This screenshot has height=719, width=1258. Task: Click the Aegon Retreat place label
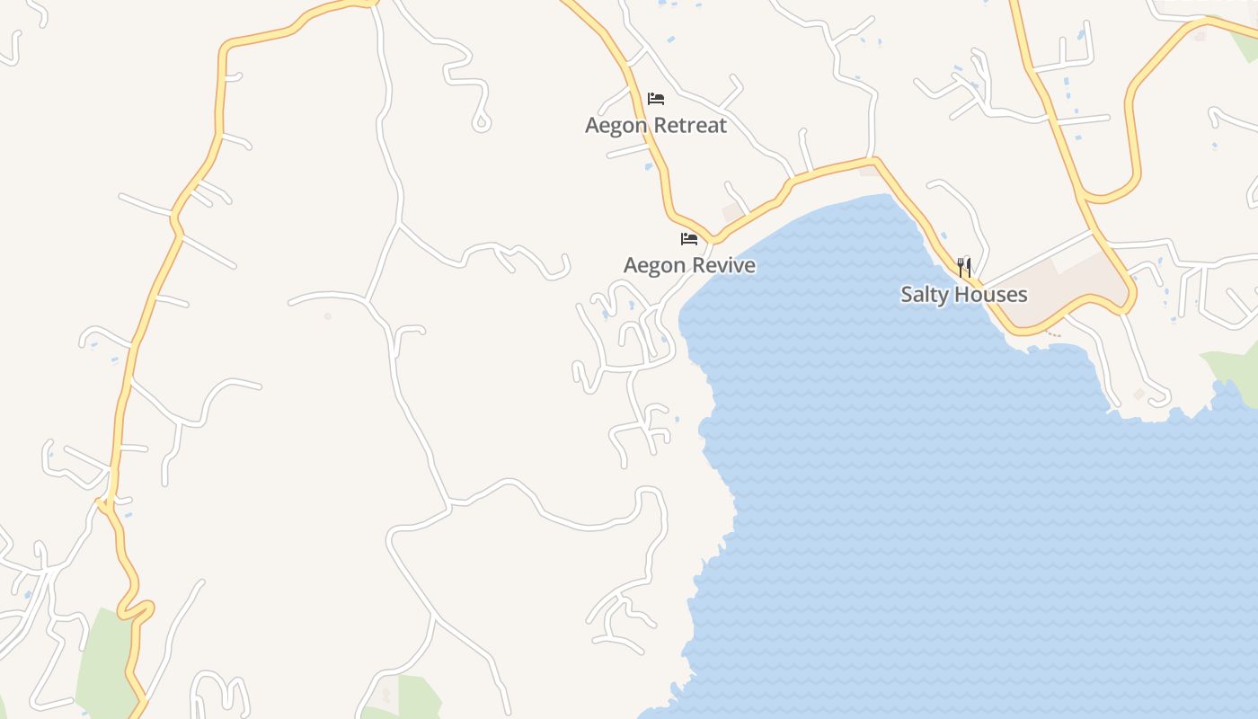click(x=655, y=125)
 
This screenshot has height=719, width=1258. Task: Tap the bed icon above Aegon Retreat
click(x=656, y=99)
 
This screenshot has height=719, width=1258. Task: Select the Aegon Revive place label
click(x=689, y=265)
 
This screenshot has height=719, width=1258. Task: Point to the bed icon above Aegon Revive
click(x=689, y=239)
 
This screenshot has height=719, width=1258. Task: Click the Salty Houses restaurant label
click(x=963, y=294)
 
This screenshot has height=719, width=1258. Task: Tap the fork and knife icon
click(x=964, y=267)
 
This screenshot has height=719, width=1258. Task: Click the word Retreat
click(x=690, y=125)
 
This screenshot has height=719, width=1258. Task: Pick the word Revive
click(x=722, y=265)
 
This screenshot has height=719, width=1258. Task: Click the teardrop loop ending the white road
click(x=482, y=121)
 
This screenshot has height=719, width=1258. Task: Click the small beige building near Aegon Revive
click(x=732, y=212)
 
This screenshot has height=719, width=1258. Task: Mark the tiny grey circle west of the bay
click(x=328, y=316)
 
